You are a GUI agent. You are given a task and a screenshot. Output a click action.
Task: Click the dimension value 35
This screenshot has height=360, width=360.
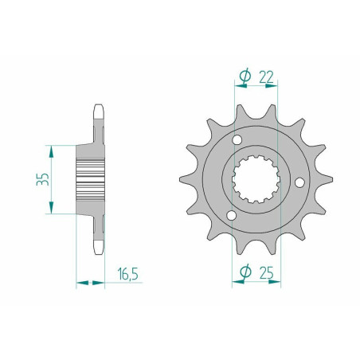pos(43,179)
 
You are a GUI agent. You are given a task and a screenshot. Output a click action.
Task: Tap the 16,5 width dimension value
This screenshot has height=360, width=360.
pos(128,274)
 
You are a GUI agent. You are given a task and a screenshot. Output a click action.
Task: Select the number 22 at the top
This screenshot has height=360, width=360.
pos(266,77)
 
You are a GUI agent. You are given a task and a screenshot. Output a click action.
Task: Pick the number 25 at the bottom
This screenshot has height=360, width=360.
pos(267,272)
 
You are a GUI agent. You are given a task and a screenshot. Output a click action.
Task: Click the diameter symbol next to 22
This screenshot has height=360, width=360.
pos(245,76)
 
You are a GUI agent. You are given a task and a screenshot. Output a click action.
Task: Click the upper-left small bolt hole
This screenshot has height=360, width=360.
pos(237,139)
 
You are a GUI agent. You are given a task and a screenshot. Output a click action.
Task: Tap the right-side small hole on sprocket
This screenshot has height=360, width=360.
pos(299,182)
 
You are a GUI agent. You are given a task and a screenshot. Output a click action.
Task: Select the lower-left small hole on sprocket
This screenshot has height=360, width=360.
pos(231,216)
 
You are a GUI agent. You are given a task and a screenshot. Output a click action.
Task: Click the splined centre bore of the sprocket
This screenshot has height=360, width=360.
pos(256,179)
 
